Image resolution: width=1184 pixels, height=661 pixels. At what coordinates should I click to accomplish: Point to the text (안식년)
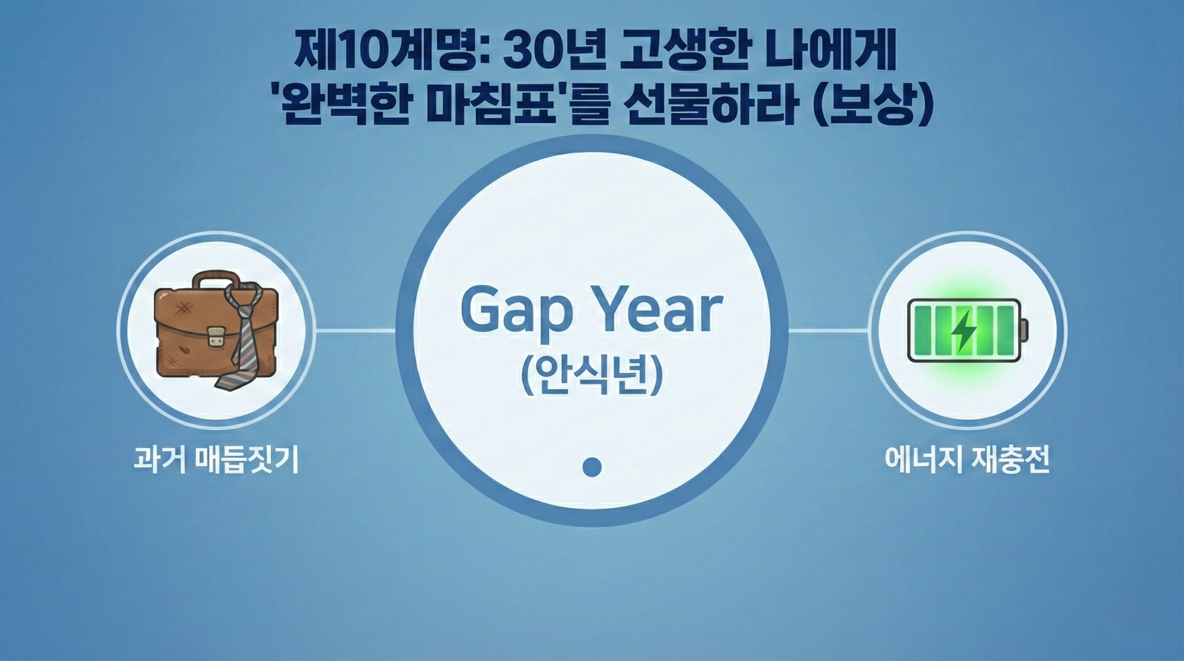tap(592, 377)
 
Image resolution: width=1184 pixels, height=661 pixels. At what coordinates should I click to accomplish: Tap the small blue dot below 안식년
tap(592, 466)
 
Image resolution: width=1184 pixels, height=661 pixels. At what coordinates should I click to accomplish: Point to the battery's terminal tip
tap(1024, 330)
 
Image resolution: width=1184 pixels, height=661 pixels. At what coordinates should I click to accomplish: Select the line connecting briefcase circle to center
tap(355, 330)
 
